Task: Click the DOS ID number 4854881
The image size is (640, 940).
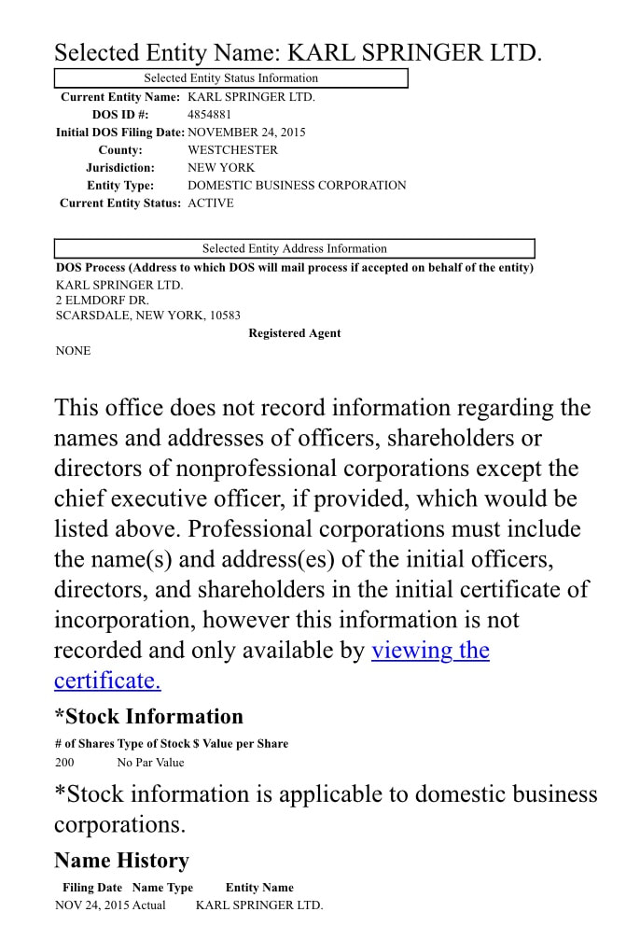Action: click(210, 115)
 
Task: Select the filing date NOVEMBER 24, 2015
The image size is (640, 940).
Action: click(246, 133)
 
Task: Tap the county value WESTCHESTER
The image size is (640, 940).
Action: click(232, 150)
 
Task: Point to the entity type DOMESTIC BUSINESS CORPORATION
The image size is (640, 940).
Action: click(297, 186)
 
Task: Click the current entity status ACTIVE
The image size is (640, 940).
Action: click(211, 203)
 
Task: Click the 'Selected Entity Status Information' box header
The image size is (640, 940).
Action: click(230, 78)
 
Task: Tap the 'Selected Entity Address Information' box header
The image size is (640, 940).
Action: click(294, 248)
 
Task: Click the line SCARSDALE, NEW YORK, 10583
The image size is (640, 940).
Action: click(147, 316)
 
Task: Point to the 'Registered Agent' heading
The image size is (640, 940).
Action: click(294, 333)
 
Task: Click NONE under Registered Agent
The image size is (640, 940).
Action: click(74, 351)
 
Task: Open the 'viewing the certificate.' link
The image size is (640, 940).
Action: click(430, 651)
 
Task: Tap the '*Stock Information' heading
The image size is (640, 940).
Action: click(148, 717)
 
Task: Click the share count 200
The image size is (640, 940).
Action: click(65, 763)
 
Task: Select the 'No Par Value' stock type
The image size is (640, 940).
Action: click(150, 763)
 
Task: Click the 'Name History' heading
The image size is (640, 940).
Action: click(121, 861)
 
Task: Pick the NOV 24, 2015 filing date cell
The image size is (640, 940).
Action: click(91, 905)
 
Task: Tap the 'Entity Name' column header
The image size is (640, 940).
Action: click(259, 888)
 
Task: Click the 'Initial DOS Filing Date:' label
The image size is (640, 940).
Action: click(120, 133)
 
